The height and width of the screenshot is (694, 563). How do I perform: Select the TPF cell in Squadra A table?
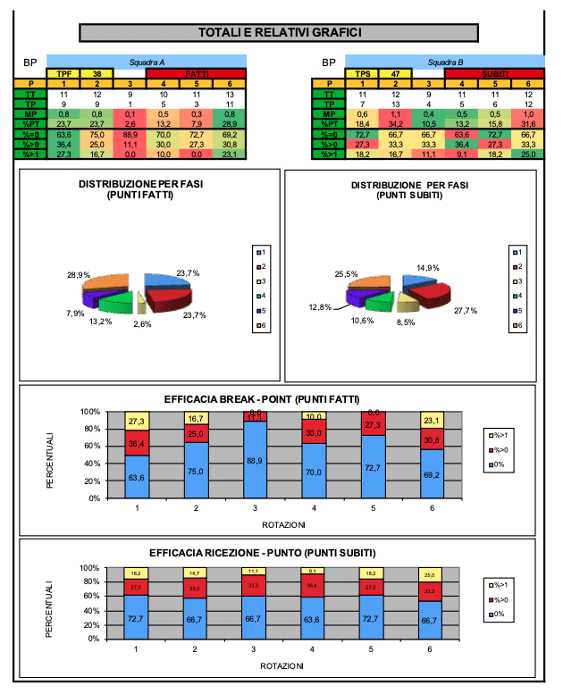click(x=63, y=73)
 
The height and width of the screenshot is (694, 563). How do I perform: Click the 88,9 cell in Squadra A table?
click(x=130, y=133)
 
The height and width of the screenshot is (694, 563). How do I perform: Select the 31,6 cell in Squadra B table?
click(x=528, y=123)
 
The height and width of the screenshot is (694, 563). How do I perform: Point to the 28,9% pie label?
click(x=78, y=275)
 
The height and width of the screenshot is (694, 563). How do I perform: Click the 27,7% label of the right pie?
click(x=466, y=310)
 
